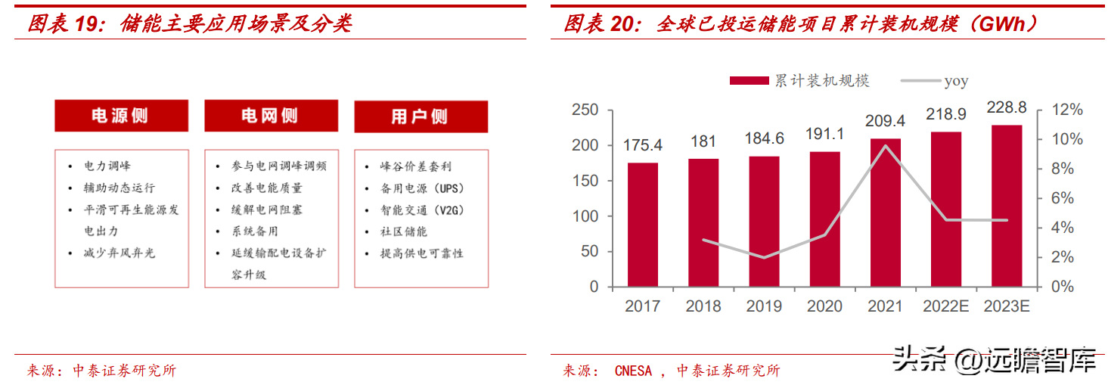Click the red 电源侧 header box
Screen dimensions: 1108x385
click(x=121, y=116)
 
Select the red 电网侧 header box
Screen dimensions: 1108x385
click(x=271, y=116)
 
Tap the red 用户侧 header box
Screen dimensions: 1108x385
click(x=421, y=116)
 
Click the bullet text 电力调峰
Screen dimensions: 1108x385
click(x=107, y=166)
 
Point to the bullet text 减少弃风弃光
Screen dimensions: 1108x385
click(x=119, y=253)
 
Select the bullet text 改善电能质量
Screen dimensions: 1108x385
click(x=267, y=188)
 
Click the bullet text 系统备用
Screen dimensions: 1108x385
click(x=255, y=231)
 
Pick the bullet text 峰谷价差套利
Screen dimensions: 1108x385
click(x=416, y=166)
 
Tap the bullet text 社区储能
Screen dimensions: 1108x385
click(x=404, y=231)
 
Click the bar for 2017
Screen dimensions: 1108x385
click(x=643, y=225)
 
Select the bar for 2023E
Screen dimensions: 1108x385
click(x=1007, y=206)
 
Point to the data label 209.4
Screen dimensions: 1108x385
click(x=885, y=121)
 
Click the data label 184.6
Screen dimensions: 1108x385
click(x=764, y=138)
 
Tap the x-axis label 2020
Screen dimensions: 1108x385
click(x=824, y=306)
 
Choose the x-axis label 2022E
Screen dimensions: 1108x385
click(x=945, y=306)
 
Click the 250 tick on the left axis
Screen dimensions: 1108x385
click(x=585, y=110)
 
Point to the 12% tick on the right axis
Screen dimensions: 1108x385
click(x=1067, y=110)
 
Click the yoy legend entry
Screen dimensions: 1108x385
click(x=934, y=81)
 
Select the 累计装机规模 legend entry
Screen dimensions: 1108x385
click(x=799, y=81)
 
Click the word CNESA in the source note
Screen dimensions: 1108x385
click(x=633, y=371)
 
